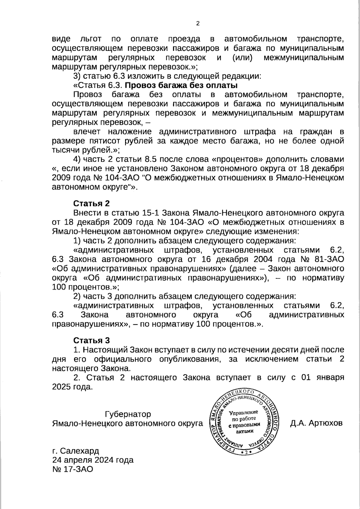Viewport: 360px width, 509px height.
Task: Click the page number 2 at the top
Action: click(x=198, y=24)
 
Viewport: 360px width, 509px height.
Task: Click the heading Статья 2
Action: click(x=91, y=203)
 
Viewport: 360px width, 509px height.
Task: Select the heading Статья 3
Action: click(x=91, y=340)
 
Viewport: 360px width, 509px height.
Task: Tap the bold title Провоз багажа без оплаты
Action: click(x=179, y=85)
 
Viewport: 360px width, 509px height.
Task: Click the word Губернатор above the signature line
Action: click(x=128, y=414)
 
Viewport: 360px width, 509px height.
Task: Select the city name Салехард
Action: click(x=79, y=451)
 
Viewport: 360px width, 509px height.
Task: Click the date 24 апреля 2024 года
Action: click(x=93, y=460)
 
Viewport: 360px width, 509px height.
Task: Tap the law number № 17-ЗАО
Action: click(x=73, y=469)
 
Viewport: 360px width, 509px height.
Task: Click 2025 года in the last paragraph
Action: click(x=71, y=387)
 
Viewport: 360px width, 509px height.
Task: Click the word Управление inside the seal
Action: click(x=244, y=413)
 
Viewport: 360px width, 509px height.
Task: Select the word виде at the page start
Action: click(x=61, y=39)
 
